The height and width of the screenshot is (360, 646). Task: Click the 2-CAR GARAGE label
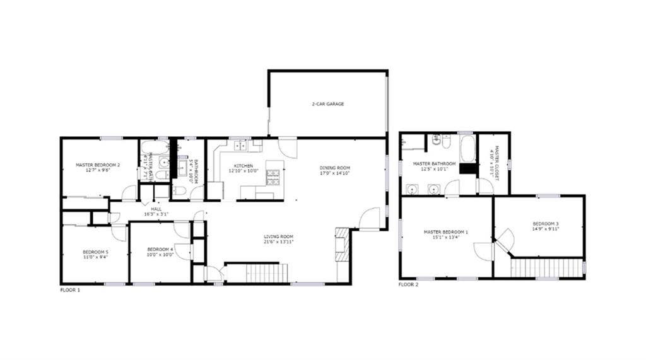pos(327,104)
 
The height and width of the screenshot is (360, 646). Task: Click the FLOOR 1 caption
pos(70,289)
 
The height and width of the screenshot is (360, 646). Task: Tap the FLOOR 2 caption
pos(408,284)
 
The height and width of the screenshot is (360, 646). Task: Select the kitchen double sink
pos(240,146)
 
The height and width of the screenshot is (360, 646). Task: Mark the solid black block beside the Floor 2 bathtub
pos(467,168)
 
